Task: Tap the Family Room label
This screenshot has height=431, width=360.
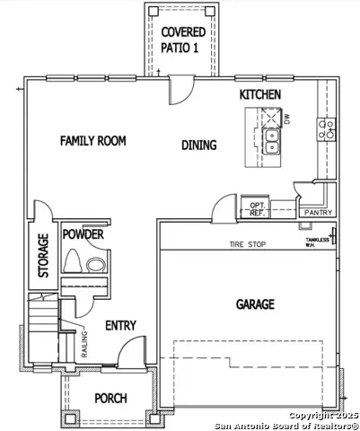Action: pyautogui.click(x=92, y=141)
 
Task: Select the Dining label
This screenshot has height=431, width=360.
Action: pyautogui.click(x=198, y=145)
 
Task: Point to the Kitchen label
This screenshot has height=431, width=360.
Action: pyautogui.click(x=260, y=94)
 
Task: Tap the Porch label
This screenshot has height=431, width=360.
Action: pyautogui.click(x=110, y=398)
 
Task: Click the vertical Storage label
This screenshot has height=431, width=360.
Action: pyautogui.click(x=42, y=256)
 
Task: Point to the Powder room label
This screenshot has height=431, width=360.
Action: pyautogui.click(x=83, y=234)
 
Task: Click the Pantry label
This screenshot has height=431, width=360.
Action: pyautogui.click(x=318, y=213)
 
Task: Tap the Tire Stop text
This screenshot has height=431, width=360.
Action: pyautogui.click(x=248, y=243)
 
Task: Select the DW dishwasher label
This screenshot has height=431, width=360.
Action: pyautogui.click(x=287, y=118)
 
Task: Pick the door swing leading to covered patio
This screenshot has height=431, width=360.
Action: pyautogui.click(x=181, y=90)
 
